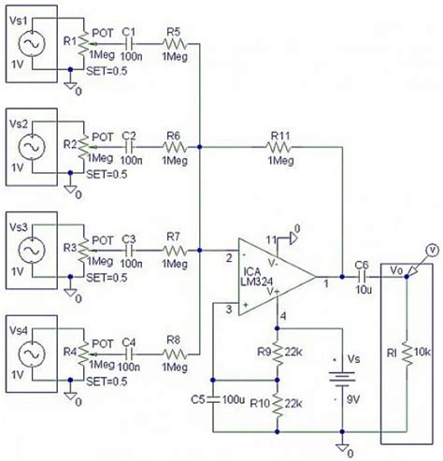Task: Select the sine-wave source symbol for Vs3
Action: (x=31, y=252)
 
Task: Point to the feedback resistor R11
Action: (x=280, y=147)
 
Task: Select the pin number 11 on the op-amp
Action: (x=272, y=240)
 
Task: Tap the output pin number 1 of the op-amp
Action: (x=325, y=282)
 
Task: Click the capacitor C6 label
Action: (x=362, y=264)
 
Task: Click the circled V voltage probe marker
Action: (x=431, y=250)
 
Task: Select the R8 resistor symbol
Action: (x=174, y=354)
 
